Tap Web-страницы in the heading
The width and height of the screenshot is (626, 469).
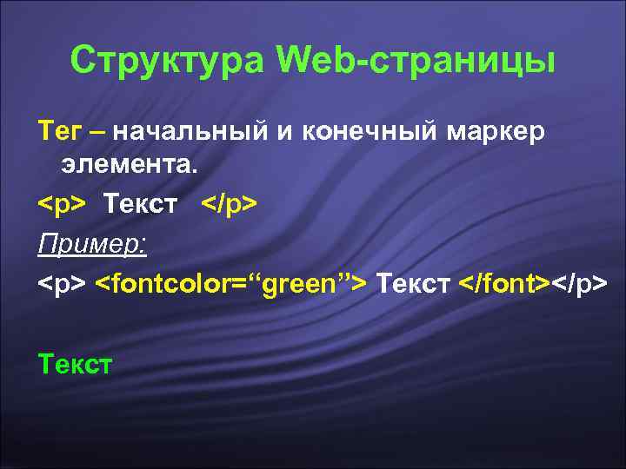coord(416,60)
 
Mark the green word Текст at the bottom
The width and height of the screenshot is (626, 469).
coord(75,364)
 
